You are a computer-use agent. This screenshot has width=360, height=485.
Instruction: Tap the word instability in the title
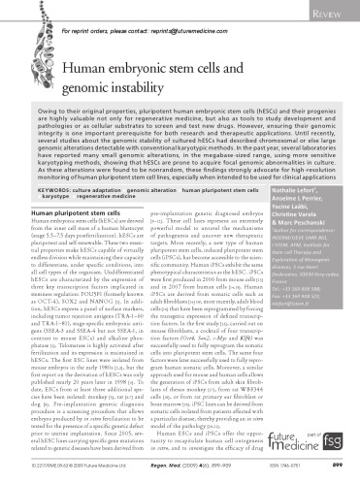pyautogui.click(x=232, y=86)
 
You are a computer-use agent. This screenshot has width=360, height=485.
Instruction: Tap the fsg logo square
pyautogui.click(x=339, y=453)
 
